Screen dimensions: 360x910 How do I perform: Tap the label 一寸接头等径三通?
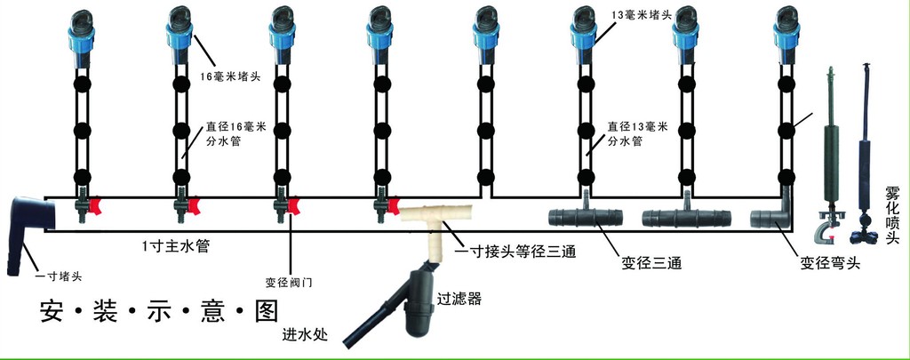point(515,252)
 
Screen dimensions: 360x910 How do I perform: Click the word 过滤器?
point(459,300)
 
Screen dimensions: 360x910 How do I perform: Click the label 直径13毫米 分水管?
point(636,134)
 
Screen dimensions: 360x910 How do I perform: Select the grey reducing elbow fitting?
point(770,215)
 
